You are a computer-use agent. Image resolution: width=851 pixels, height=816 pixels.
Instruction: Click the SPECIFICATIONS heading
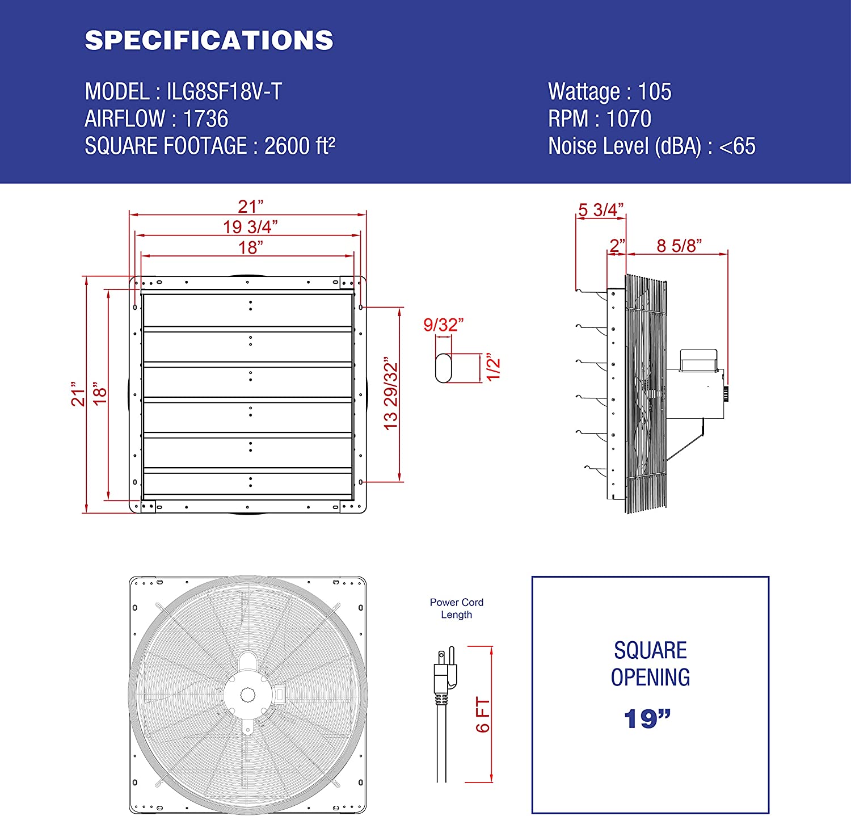(209, 40)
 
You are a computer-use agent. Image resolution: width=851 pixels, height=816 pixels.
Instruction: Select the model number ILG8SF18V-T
(224, 91)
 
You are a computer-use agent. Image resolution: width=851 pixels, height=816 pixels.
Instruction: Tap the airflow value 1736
(205, 119)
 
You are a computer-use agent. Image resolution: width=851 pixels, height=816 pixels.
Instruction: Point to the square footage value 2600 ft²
(300, 146)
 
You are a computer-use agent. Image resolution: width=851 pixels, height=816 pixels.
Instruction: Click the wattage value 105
(655, 91)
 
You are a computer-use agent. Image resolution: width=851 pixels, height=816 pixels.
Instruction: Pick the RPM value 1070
(629, 119)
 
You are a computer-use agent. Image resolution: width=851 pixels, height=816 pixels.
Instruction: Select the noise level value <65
(737, 146)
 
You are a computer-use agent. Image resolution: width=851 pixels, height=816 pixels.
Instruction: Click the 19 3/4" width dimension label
(250, 227)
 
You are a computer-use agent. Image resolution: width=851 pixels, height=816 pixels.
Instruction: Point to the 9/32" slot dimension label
(444, 325)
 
